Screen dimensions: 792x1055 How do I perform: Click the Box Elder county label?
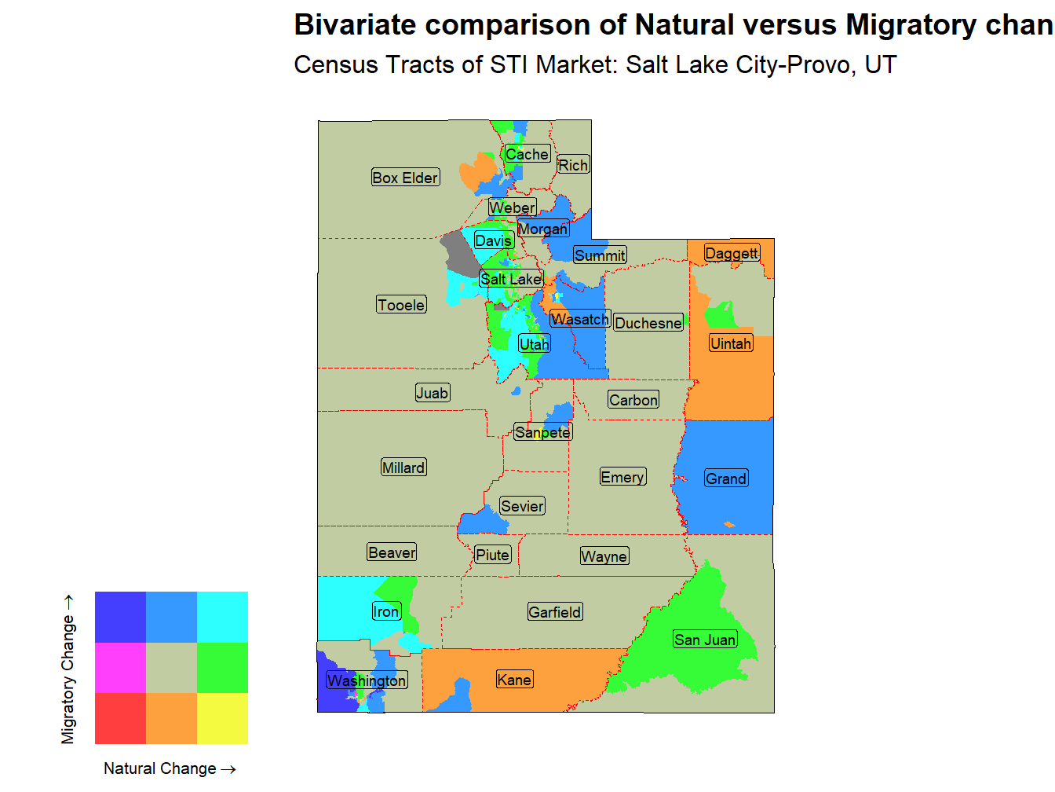point(405,178)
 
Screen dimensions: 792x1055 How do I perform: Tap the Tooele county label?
point(401,305)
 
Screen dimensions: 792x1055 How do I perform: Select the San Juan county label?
point(705,640)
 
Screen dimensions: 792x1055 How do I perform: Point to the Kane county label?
point(514,680)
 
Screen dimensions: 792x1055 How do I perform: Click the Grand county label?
point(726,478)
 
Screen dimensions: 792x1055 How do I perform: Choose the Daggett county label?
point(732,253)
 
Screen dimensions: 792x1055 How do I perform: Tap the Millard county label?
point(403,467)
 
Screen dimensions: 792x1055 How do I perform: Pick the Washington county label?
point(367,680)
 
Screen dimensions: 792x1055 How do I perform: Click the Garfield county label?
point(555,612)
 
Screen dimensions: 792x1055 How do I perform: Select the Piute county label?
point(493,555)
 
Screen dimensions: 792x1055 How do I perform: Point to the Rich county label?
point(573,165)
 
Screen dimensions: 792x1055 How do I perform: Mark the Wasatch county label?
point(580,319)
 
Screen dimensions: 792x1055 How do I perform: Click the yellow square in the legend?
point(222,718)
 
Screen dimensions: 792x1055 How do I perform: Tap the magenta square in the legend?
point(120,667)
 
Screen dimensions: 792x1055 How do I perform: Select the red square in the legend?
point(120,718)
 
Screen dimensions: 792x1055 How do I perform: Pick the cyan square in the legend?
point(222,617)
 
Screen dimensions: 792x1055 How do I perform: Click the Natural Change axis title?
point(170,768)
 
